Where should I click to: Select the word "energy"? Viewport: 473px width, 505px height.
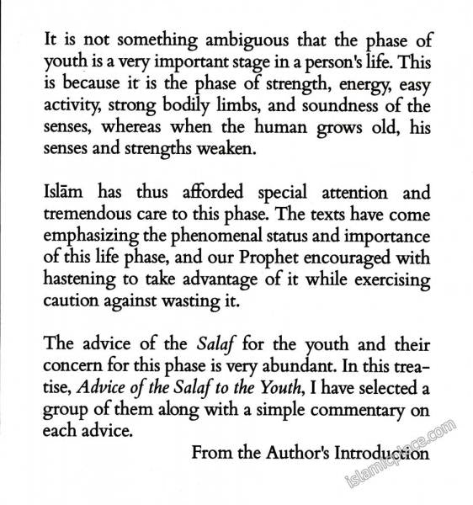[344, 85]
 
